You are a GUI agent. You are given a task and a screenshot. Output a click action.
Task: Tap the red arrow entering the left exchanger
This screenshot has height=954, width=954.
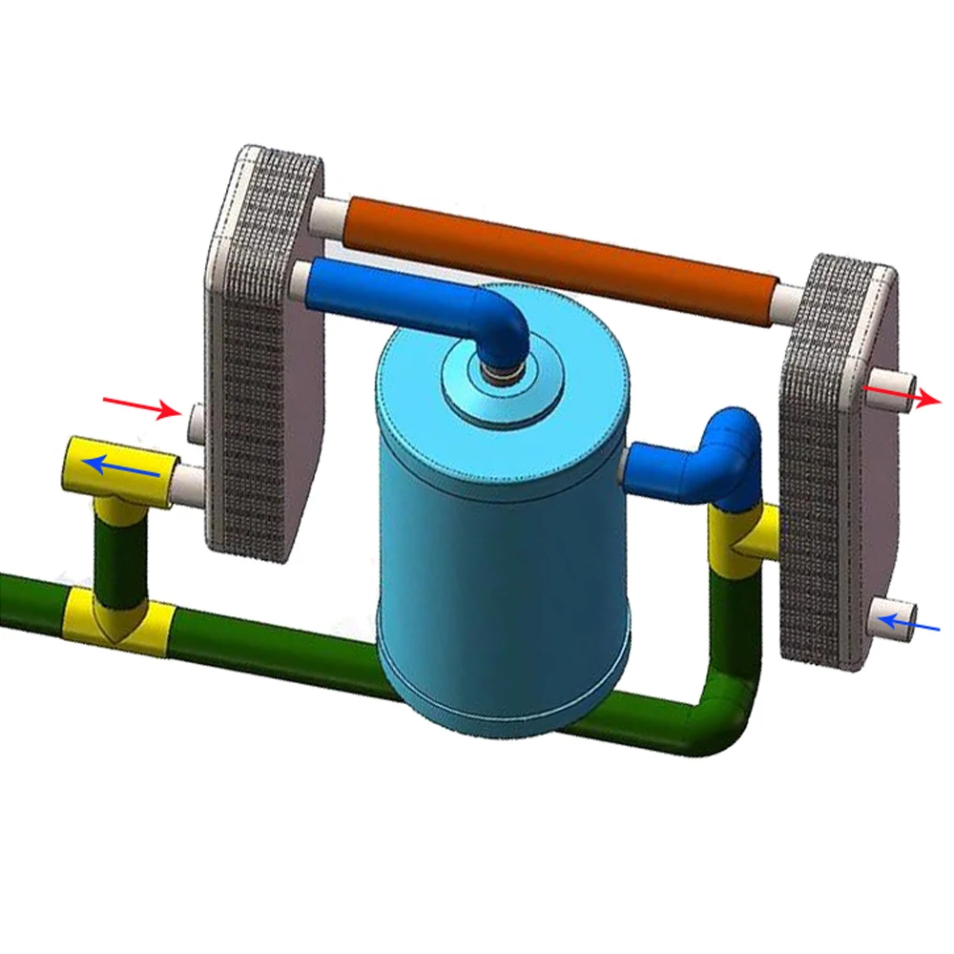tap(142, 407)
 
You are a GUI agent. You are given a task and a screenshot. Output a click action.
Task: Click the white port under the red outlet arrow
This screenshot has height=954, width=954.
tap(882, 391)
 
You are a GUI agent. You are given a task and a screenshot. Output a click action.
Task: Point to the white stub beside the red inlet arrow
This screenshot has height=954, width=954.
tap(197, 420)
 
